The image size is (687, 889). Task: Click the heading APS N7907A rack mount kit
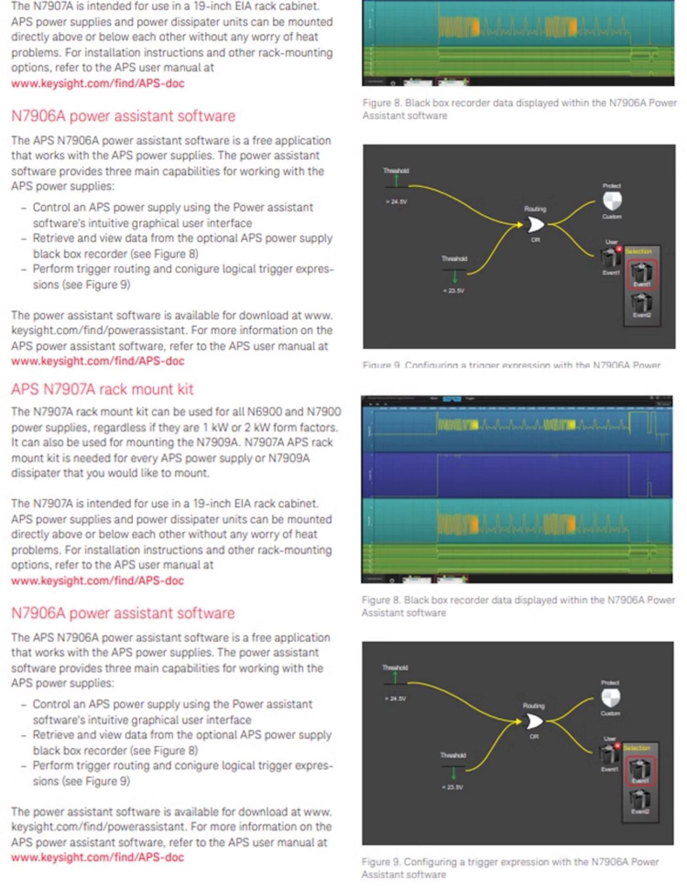click(102, 389)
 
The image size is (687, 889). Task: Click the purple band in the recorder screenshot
click(517, 476)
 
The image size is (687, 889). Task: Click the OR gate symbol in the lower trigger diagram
click(533, 721)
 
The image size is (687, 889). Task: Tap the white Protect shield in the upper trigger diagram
click(612, 200)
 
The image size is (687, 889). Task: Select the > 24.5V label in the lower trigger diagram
click(395, 699)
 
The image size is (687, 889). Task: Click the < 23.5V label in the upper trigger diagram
click(454, 291)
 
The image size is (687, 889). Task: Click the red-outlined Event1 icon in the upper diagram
click(642, 274)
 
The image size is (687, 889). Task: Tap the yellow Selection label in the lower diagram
click(637, 748)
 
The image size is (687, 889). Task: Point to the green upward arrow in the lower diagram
click(395, 677)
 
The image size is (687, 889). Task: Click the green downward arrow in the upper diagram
click(454, 276)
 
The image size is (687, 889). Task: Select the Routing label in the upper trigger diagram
click(535, 209)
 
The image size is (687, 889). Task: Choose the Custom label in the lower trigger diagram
click(610, 714)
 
